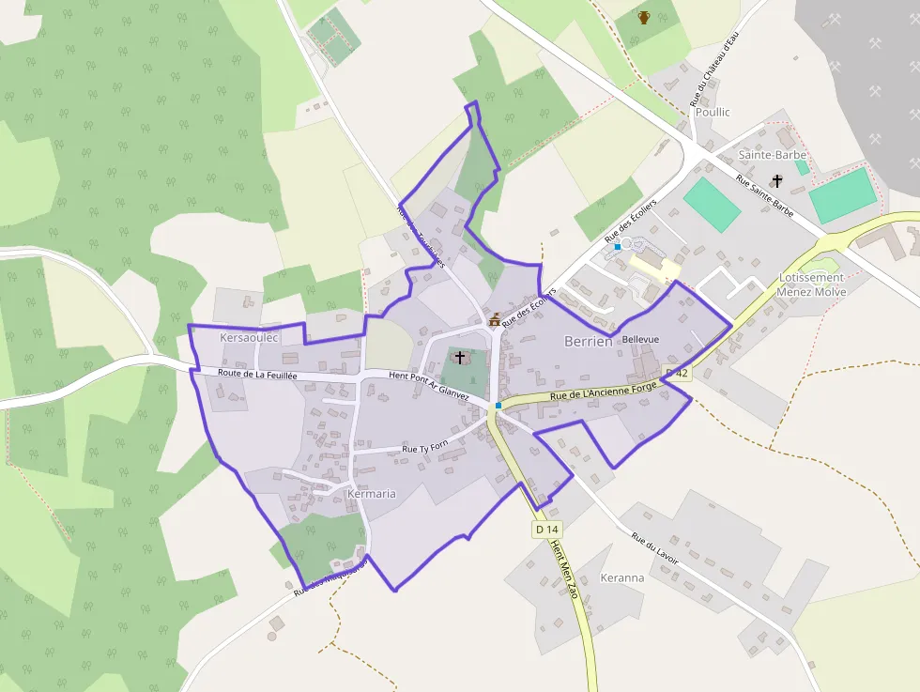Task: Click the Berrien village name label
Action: point(589,342)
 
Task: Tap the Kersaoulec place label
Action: point(249,337)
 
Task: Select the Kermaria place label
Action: point(371,493)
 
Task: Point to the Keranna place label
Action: point(622,577)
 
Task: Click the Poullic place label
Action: point(712,112)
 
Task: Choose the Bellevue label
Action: point(640,339)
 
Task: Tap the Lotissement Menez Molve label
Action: point(811,284)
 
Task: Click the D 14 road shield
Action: point(546,530)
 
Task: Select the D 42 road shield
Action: point(677,373)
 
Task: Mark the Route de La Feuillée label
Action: point(257,374)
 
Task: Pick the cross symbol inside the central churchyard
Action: point(459,358)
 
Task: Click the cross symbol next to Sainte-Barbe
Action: point(776,180)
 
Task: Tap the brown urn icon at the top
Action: point(644,17)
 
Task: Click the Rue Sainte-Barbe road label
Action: point(765,196)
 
